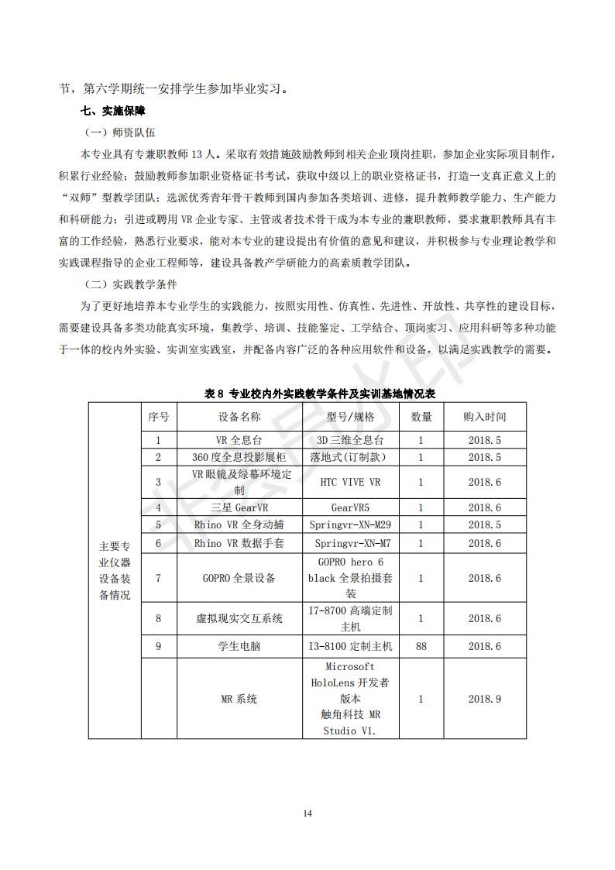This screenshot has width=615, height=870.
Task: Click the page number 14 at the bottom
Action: [x=307, y=813]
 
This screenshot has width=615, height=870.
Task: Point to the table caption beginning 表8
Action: [x=320, y=394]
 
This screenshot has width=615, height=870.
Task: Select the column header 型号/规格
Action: [x=350, y=417]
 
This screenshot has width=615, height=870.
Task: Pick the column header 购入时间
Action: [x=485, y=417]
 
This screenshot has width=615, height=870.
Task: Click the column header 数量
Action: [x=421, y=417]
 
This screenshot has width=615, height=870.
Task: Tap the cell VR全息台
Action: [x=239, y=440]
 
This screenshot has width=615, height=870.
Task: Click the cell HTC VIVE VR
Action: [x=350, y=482]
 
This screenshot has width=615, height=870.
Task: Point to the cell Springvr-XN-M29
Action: [x=350, y=525]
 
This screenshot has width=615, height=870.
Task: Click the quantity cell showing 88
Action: [x=421, y=645]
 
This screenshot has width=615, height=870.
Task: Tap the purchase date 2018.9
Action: [x=485, y=699]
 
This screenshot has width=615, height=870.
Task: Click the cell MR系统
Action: [x=239, y=699]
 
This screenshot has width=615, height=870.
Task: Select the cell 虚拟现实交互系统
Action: [x=239, y=618]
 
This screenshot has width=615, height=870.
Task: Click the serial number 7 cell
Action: [x=158, y=578]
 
